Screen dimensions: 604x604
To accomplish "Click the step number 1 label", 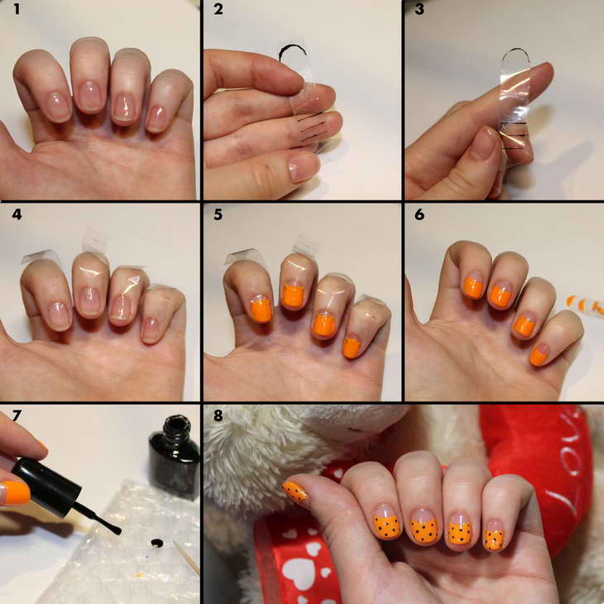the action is point(17,9).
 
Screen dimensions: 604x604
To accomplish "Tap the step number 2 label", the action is point(218,9).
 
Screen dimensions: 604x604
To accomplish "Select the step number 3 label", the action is point(419,9).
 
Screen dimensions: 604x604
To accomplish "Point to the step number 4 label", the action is point(17,214).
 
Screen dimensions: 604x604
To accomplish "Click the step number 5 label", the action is point(218,214).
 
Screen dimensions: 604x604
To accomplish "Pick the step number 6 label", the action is point(419,214).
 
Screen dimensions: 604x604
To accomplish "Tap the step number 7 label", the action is point(17,415).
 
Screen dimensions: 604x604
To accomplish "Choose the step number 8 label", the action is point(218,415).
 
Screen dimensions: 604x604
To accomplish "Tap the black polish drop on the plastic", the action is point(156,543).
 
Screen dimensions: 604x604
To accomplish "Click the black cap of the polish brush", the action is point(46,487).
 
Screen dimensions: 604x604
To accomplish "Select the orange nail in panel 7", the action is point(16,492).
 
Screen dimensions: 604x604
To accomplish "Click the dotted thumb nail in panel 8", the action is point(295,493).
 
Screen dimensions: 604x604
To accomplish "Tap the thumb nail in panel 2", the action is point(304,168).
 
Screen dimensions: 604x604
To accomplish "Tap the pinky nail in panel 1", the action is point(157,118).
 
